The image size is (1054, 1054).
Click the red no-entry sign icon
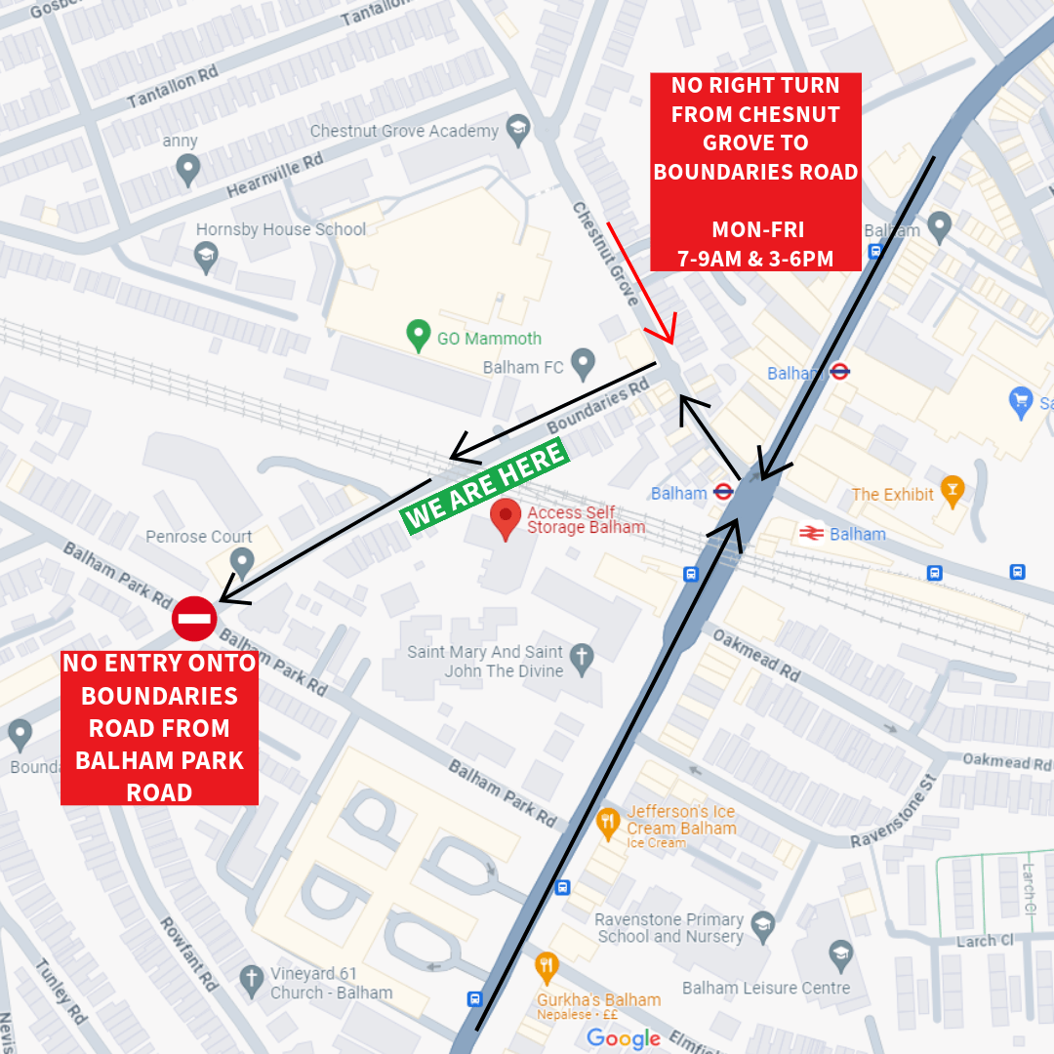tap(194, 619)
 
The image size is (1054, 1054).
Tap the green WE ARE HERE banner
tap(485, 486)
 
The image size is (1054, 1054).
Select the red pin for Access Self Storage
tap(506, 518)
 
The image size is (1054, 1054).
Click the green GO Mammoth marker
tap(419, 336)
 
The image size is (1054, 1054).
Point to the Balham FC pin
tap(583, 364)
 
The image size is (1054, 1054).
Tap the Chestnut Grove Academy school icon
tap(518, 129)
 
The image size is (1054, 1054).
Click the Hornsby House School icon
tap(206, 258)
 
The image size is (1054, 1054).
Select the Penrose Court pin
tap(241, 561)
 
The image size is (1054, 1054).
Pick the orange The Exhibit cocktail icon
tap(952, 487)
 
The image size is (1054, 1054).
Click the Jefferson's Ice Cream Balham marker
tap(608, 823)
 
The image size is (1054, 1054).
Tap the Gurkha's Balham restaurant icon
tap(547, 966)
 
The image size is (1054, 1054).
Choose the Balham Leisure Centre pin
tap(840, 953)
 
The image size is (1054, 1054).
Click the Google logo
tap(624, 1038)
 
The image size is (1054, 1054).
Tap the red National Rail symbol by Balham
tap(810, 533)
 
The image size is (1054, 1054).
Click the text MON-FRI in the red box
tap(757, 230)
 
